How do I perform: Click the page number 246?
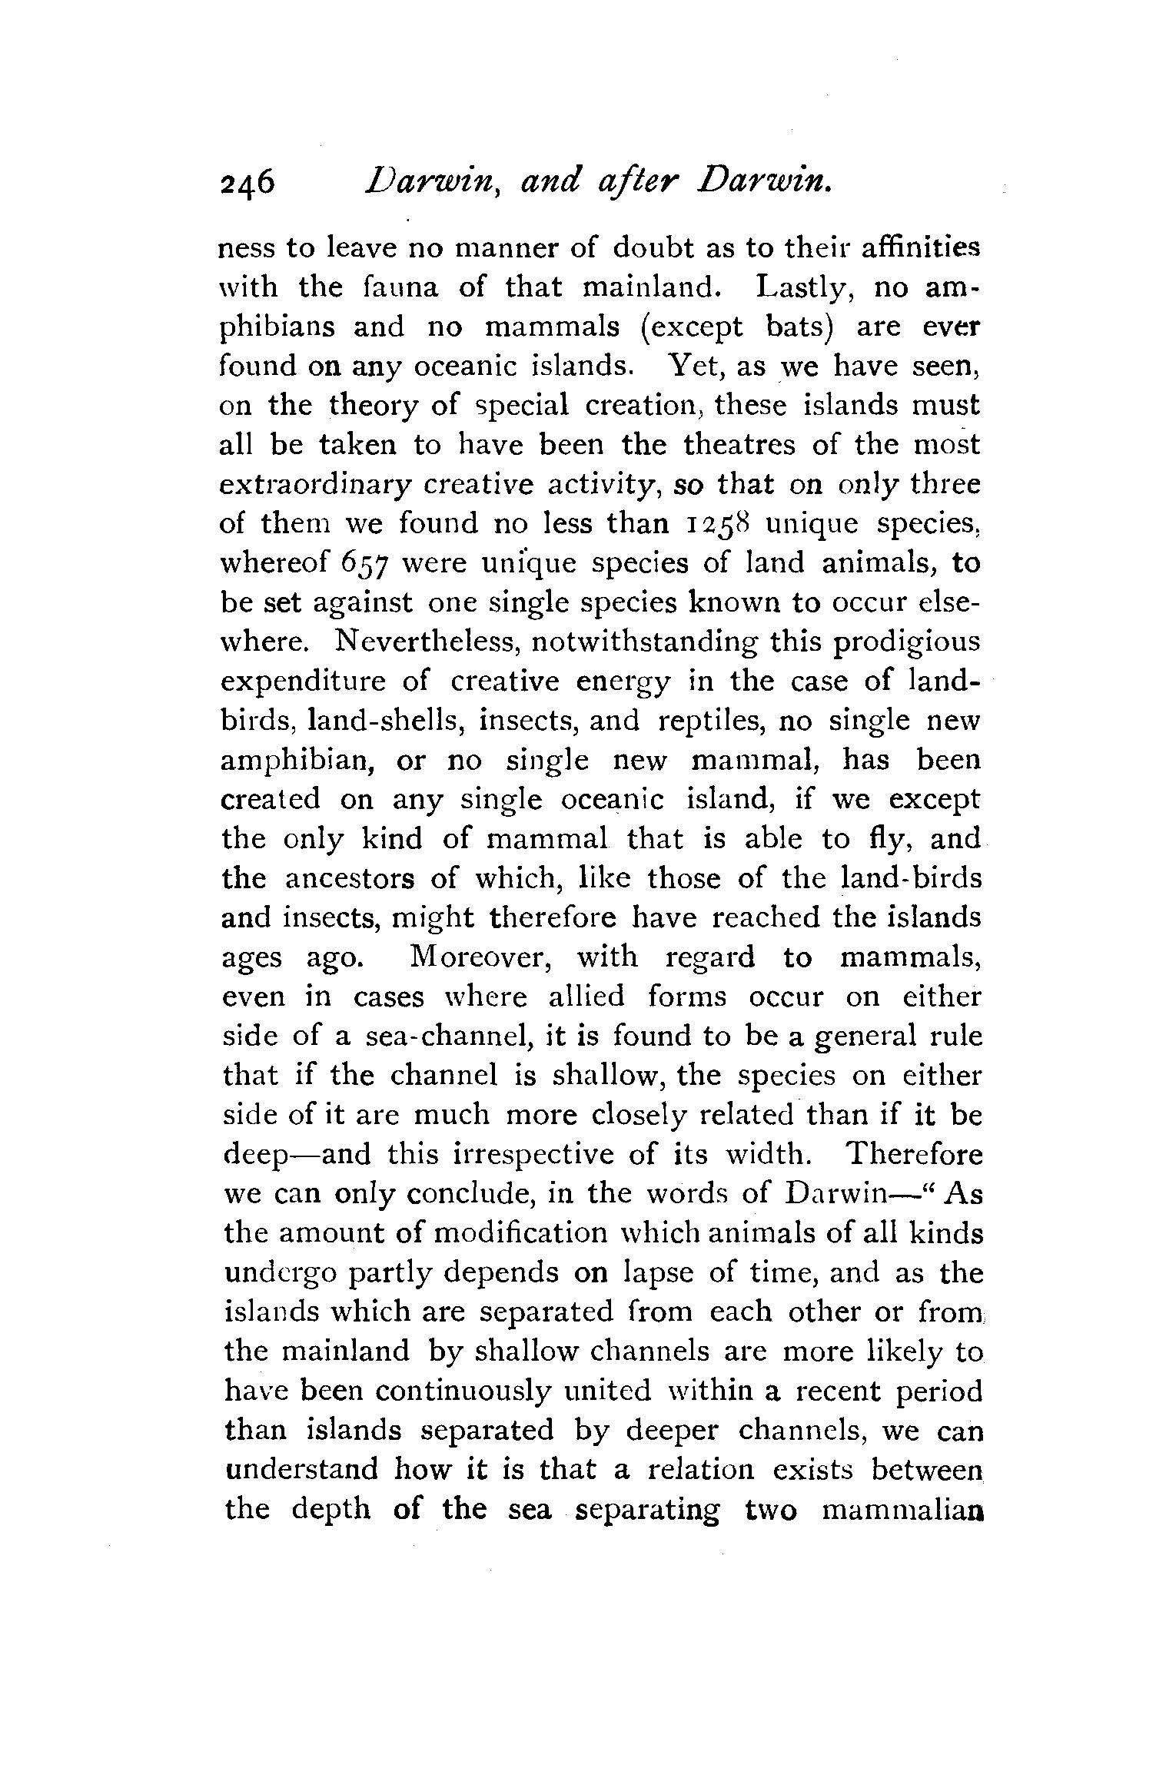(247, 185)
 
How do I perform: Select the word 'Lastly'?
(805, 287)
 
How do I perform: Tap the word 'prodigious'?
(907, 642)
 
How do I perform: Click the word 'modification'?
(520, 1233)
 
